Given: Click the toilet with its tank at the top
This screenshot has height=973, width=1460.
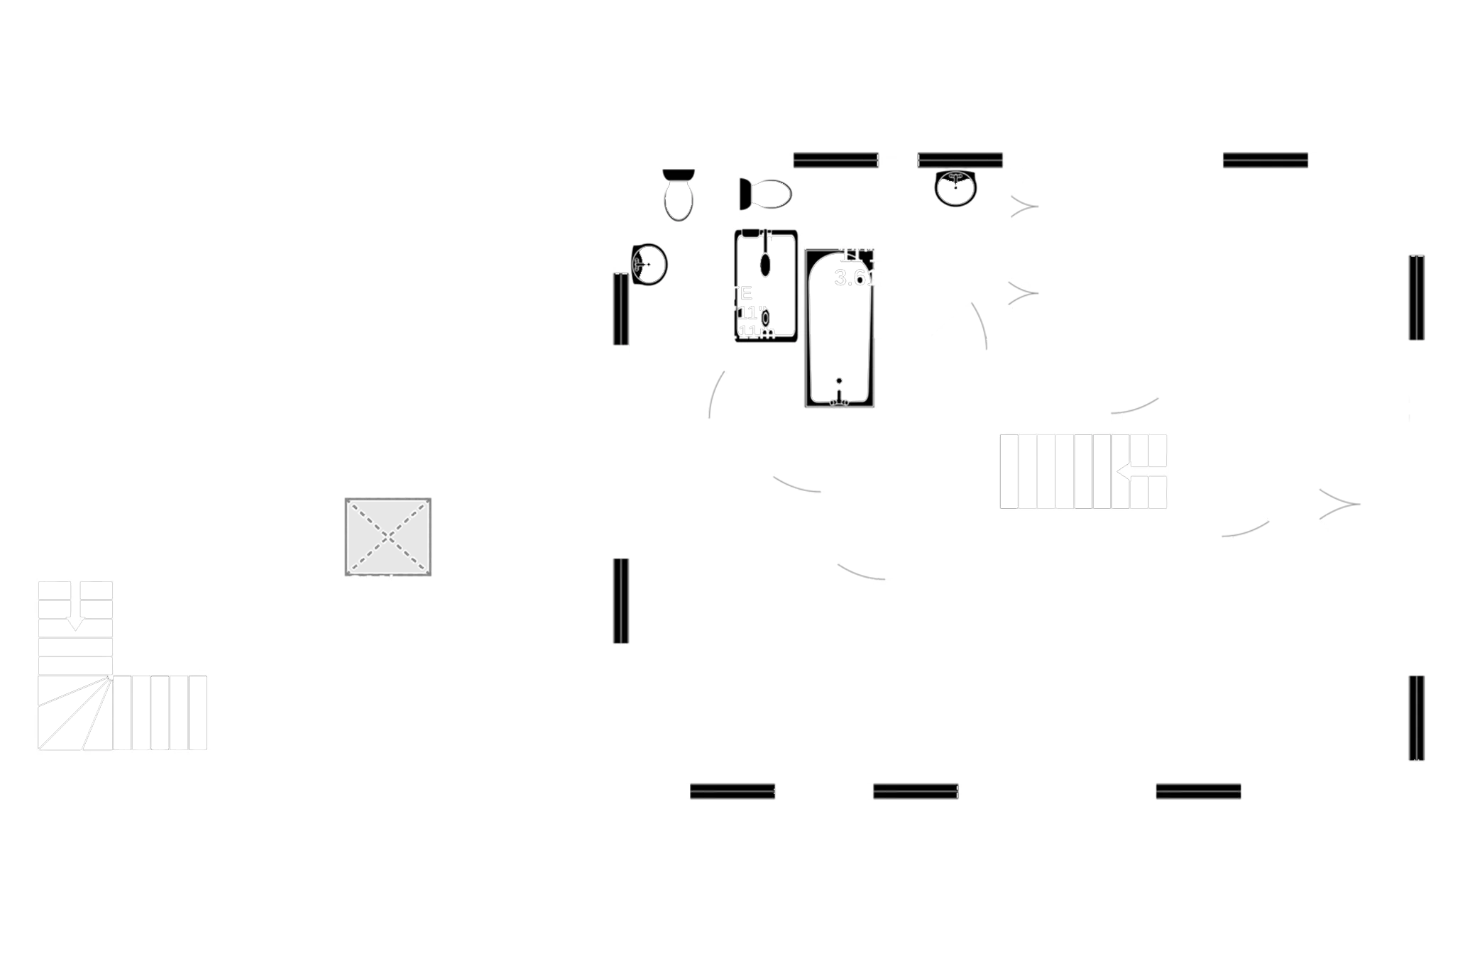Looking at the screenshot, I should [679, 194].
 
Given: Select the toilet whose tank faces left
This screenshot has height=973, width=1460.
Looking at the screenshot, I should [767, 194].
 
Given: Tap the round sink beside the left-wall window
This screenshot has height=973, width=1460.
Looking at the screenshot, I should [650, 264].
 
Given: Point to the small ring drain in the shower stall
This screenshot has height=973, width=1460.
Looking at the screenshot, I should [765, 316].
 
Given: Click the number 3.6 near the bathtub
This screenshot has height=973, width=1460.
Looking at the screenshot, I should [850, 277].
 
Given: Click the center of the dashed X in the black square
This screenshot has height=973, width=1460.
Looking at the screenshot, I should [388, 535].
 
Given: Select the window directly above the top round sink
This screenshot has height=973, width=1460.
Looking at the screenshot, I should [960, 160].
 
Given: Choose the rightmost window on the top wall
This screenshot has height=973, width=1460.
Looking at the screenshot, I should [1265, 160].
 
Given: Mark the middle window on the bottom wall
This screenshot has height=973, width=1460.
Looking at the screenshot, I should [916, 789].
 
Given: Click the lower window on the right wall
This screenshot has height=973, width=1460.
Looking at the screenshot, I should [1413, 718].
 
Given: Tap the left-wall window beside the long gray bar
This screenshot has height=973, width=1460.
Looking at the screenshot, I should [620, 601].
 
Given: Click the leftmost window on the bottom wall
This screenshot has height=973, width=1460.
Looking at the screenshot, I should [732, 789].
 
